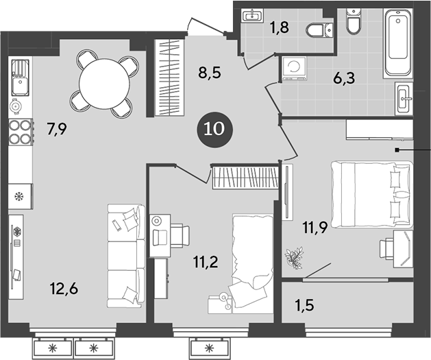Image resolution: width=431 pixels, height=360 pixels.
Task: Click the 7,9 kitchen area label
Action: click(x=58, y=128)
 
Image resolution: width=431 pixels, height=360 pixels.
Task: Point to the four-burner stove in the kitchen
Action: click(x=21, y=131)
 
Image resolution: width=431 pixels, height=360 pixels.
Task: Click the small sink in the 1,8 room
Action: click(x=252, y=15)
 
